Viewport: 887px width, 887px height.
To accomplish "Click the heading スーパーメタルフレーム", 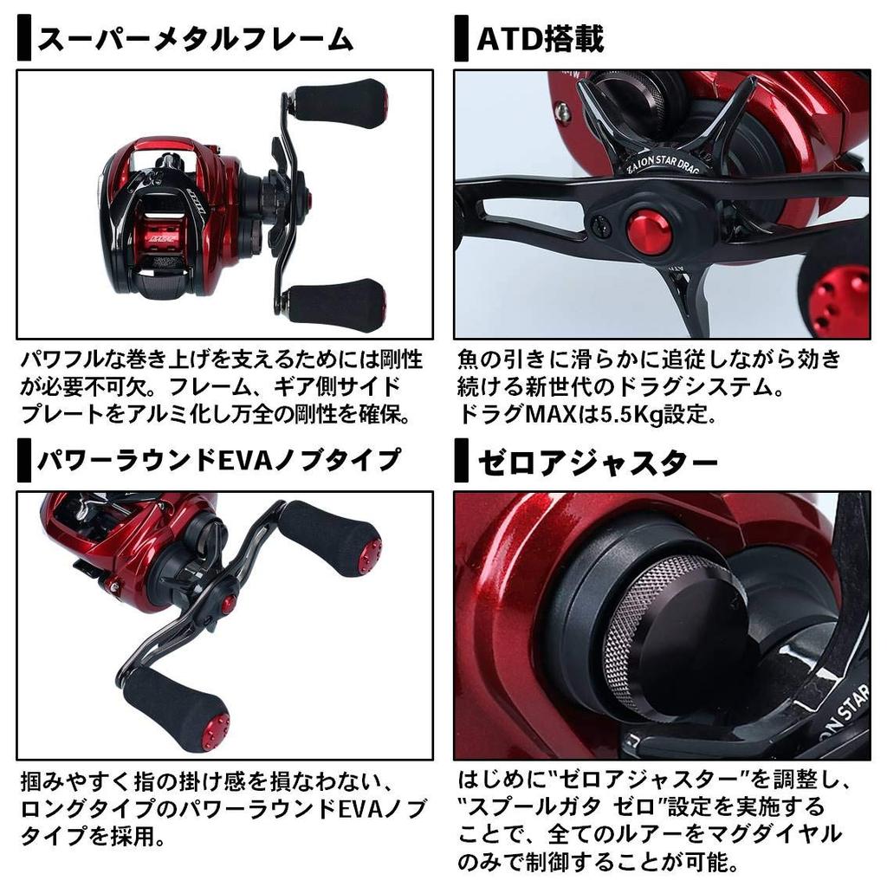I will click(x=195, y=40).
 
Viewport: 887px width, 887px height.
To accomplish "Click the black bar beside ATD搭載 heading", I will click(x=461, y=41).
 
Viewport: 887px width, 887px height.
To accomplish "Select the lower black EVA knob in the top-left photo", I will click(x=337, y=303).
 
